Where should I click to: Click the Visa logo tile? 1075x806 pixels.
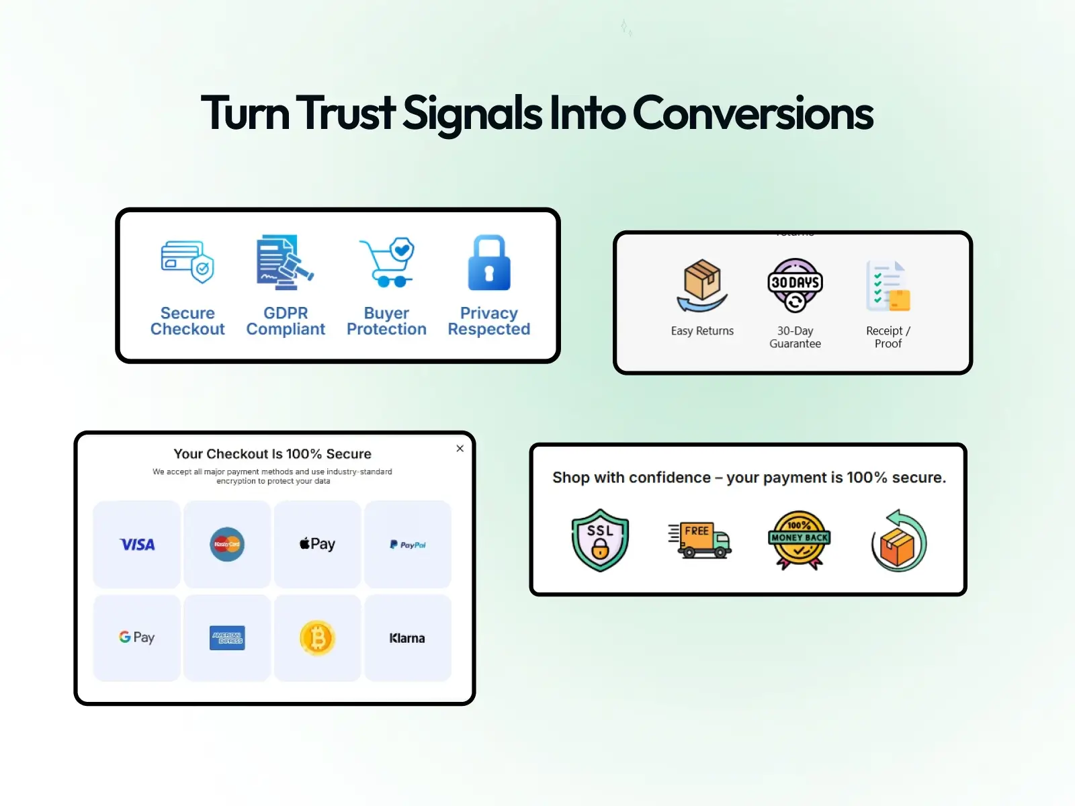137,545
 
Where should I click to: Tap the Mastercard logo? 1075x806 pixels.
227,544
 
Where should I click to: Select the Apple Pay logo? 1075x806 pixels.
317,544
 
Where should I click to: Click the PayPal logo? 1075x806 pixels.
407,545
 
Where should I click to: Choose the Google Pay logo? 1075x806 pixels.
137,637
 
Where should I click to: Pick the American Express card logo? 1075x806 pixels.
227,638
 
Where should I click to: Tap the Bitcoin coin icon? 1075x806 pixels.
317,638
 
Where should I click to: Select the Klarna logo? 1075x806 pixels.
407,638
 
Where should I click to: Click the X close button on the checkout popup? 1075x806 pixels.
460,449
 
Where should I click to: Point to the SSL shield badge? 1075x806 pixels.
600,540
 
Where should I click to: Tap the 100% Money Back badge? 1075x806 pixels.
799,540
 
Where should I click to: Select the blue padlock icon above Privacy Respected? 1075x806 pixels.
489,263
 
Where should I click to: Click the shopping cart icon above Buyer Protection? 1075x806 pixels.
388,263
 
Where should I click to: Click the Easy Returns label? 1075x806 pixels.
702,331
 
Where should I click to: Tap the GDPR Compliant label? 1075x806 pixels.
286,321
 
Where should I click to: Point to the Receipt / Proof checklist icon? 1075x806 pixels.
888,286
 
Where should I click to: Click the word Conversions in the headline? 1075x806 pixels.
752,113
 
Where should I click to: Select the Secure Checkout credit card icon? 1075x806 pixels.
187,263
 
